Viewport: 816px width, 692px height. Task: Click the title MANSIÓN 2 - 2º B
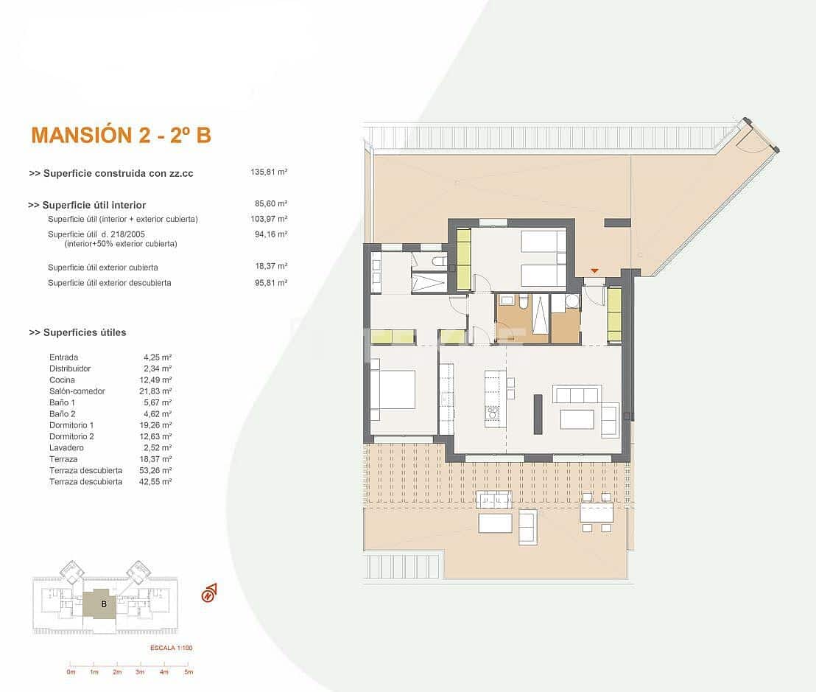coord(121,135)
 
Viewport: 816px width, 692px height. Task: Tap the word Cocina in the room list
coord(62,380)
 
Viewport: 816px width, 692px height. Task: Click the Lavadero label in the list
coord(66,448)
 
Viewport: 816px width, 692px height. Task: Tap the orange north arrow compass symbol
coord(209,593)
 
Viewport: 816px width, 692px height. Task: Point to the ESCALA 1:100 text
coord(170,648)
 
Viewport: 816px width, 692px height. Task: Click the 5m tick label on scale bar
coord(188,672)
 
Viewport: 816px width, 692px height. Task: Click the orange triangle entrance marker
coord(594,271)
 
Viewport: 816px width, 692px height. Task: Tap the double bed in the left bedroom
coord(392,389)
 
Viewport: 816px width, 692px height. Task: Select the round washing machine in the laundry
coord(571,301)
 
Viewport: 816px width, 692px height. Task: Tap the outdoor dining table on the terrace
coord(596,512)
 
